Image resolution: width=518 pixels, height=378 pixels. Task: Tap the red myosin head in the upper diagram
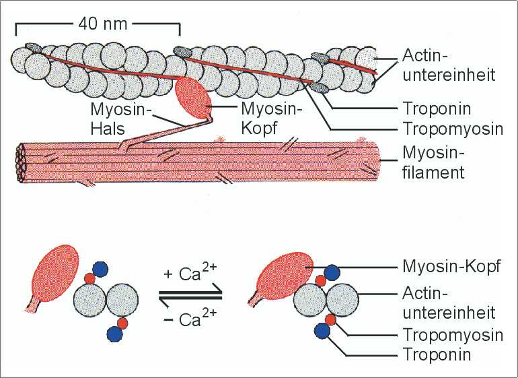[x=193, y=97]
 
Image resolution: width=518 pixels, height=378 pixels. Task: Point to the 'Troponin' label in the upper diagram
[x=436, y=108]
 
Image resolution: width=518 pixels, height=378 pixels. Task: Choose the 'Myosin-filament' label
[x=433, y=163]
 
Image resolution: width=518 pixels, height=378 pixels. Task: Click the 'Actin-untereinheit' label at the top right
[x=447, y=65]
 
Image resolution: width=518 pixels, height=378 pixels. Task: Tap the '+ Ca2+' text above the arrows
[x=188, y=275]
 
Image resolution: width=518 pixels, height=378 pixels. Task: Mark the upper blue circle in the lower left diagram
[x=100, y=267]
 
